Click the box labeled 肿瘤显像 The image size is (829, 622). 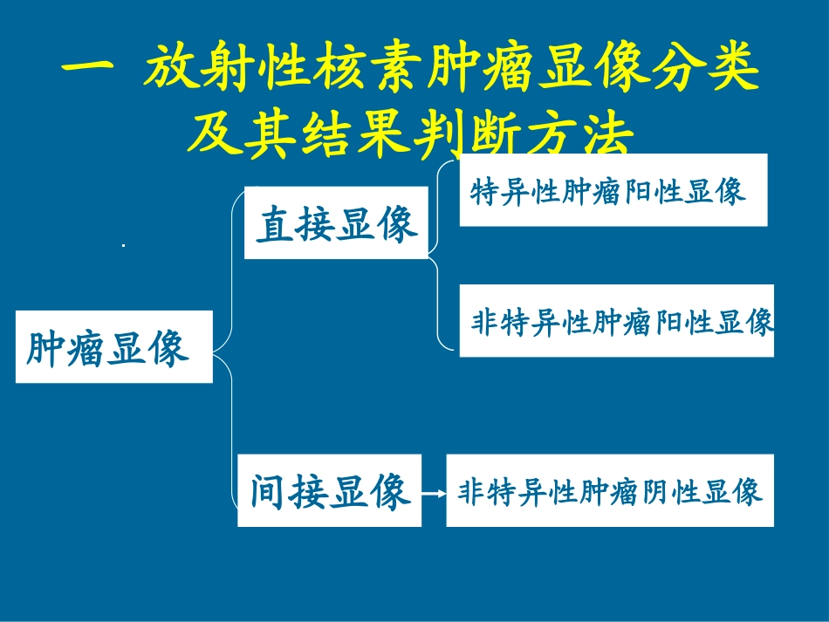113,347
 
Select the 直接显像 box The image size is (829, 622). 336,223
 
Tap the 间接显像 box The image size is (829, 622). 329,490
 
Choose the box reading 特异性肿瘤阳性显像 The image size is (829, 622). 613,190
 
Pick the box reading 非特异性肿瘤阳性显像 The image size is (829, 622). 616,321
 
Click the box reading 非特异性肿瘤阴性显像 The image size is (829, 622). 609,490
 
